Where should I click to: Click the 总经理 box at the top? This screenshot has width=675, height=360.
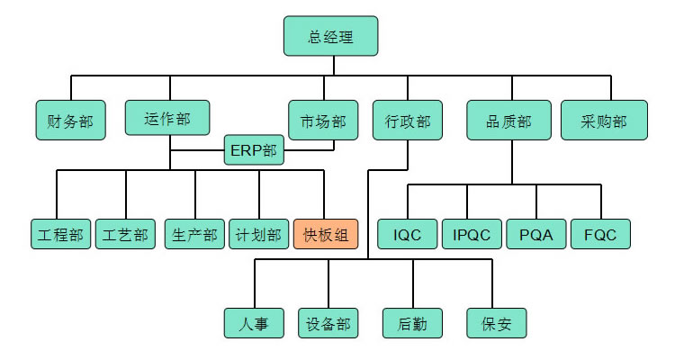330,37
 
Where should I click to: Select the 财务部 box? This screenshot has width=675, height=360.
69,121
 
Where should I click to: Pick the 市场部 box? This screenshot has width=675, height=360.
317,121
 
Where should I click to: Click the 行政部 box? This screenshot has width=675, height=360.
401,121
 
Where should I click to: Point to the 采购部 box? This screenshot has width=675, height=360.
605,121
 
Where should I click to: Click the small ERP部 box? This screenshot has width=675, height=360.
254,150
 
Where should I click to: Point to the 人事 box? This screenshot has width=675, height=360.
254,323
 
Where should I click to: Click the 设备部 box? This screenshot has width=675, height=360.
328,323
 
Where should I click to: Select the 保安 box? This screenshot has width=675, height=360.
496,323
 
